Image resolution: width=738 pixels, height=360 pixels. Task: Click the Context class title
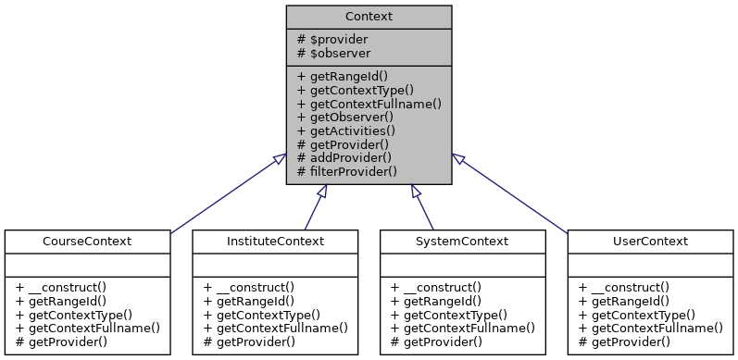(x=369, y=16)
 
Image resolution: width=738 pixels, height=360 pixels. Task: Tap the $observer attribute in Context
(x=332, y=54)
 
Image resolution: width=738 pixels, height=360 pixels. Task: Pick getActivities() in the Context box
(x=345, y=130)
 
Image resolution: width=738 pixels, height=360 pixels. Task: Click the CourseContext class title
(x=87, y=242)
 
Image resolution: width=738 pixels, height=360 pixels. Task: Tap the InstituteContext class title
(x=274, y=242)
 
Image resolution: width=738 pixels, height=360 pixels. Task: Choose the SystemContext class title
(x=462, y=242)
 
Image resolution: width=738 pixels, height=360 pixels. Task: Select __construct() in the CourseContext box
(x=65, y=287)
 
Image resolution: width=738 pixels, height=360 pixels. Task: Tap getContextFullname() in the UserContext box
(x=649, y=328)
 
